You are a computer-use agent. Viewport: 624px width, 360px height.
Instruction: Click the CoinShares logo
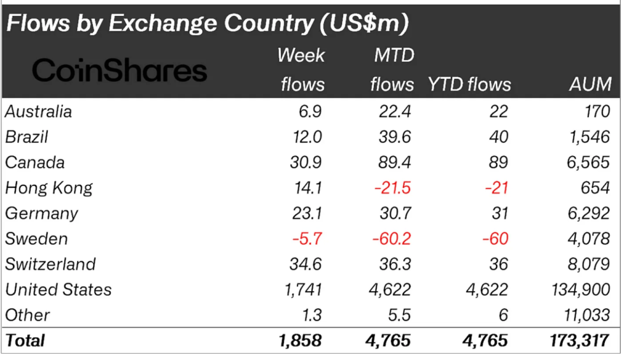point(120,70)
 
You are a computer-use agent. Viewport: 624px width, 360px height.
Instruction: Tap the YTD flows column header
point(469,84)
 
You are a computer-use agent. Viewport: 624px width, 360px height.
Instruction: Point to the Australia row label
point(38,112)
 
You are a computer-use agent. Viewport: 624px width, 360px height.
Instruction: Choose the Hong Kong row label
point(49,188)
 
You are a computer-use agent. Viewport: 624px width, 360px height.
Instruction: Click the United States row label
point(59,290)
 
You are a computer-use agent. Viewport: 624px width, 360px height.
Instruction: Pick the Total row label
point(25,340)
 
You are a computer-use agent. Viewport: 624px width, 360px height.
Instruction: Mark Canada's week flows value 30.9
point(305,162)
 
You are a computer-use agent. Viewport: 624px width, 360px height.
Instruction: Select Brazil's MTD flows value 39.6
point(394,137)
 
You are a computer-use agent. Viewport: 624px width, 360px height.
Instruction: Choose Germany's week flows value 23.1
point(305,213)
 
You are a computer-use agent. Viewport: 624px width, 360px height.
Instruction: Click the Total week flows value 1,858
point(300,340)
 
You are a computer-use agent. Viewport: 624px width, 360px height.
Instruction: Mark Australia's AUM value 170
point(597,112)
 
